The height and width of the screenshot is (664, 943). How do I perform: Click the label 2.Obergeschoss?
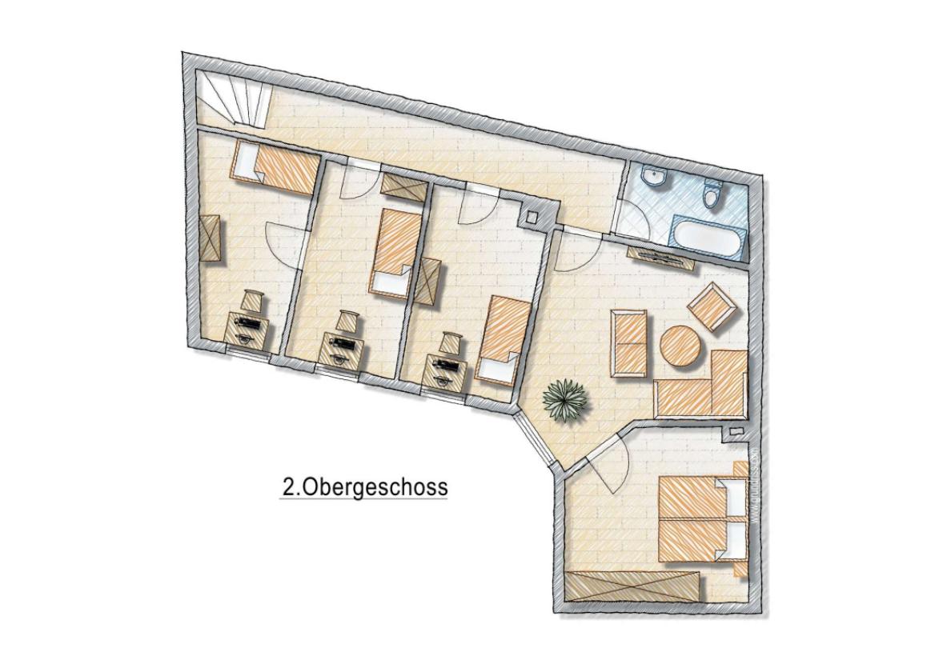[x=363, y=486]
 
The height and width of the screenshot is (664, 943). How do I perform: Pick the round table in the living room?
[x=681, y=346]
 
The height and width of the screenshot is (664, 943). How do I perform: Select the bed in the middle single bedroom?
[x=394, y=250]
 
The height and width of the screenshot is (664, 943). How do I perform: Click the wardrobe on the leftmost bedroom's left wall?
[x=212, y=238]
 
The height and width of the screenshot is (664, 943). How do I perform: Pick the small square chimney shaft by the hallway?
[x=532, y=215]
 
